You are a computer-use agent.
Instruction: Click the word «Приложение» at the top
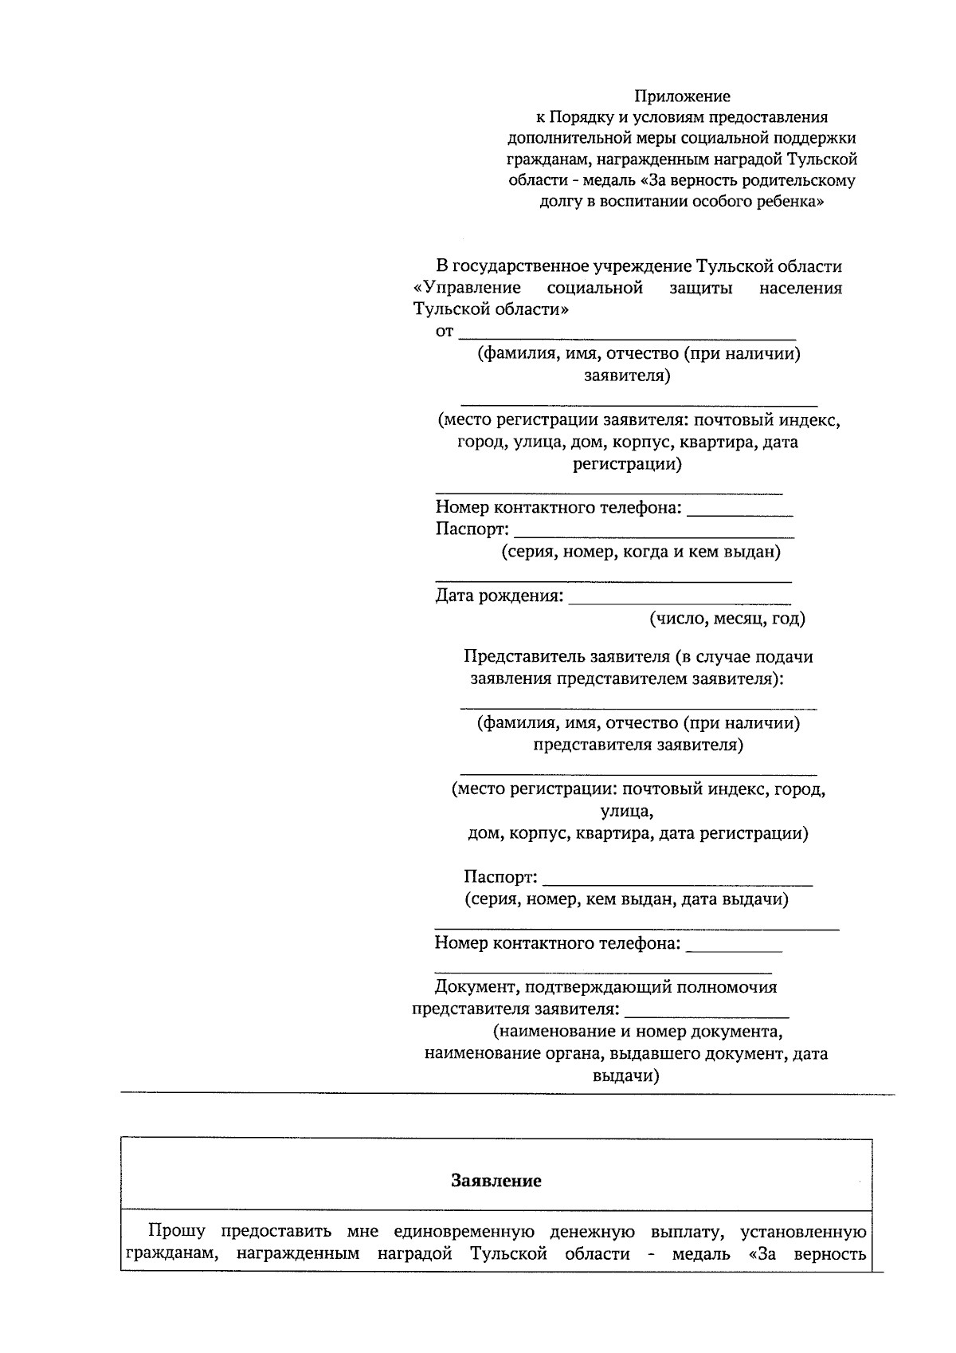682,96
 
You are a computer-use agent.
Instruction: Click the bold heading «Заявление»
496,1181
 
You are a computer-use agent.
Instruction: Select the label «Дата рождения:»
499,596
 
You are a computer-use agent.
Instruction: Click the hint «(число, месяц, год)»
727,618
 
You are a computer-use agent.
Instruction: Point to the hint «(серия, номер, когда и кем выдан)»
641,552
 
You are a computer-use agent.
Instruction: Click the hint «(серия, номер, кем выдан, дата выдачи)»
626,899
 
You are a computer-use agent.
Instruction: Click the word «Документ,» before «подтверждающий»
475,987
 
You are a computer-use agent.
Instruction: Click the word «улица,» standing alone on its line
626,812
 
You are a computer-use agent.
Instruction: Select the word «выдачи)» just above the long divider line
626,1076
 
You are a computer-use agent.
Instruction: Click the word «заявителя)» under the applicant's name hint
626,376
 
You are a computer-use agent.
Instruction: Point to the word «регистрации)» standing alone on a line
627,464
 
